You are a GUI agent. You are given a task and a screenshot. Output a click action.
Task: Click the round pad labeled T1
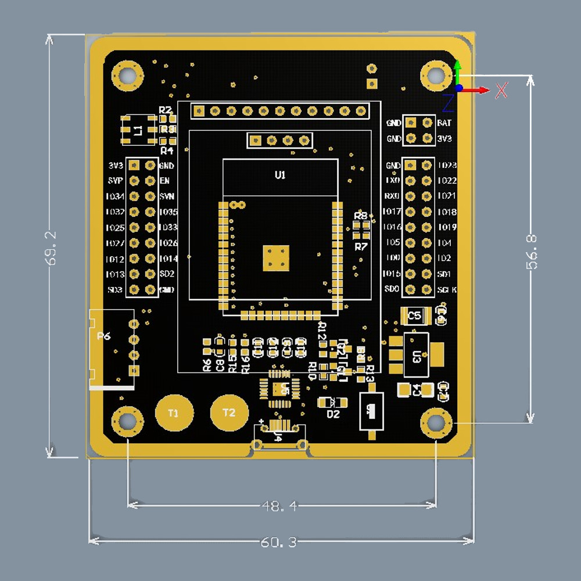coord(173,413)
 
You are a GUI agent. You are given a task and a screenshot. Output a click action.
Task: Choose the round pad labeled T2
coord(229,413)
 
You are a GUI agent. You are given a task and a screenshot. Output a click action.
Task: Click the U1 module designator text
coord(280,175)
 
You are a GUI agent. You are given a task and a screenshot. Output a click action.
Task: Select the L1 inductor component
coord(138,130)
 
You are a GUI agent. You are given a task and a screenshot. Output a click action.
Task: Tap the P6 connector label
coord(104,336)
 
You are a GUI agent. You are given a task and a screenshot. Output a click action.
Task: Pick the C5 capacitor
coord(415,316)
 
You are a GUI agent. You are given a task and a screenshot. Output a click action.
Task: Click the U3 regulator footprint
coord(416,354)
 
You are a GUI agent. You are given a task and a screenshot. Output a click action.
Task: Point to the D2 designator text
coord(333,414)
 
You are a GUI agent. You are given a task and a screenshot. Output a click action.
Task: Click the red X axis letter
coord(501,90)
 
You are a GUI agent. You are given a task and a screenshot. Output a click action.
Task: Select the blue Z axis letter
coord(448,102)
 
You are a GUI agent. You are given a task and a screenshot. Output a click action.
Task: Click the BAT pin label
coord(444,123)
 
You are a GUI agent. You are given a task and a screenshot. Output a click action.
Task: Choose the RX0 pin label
coord(392,196)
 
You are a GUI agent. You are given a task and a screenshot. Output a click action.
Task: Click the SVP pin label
coord(115,181)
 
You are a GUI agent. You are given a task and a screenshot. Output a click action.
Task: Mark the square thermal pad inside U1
coord(276,258)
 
